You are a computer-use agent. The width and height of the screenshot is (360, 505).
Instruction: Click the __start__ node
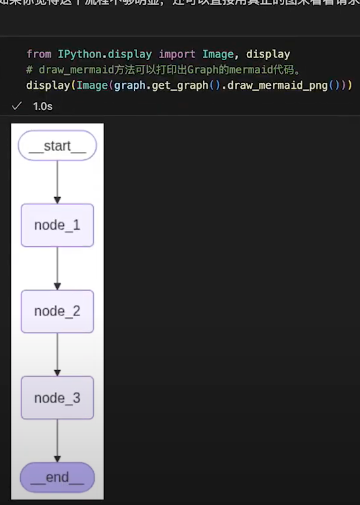57,146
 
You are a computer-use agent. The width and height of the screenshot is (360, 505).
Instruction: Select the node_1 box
57,226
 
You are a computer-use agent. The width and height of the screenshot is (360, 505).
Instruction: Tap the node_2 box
57,311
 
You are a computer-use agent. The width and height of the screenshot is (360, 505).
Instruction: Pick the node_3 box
57,398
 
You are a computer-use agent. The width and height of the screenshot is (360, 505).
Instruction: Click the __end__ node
57,477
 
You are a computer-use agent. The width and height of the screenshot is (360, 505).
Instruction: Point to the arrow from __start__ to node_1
57,183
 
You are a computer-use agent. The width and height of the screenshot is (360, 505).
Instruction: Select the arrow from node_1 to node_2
57,268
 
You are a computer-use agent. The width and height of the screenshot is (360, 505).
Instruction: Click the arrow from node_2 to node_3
57,354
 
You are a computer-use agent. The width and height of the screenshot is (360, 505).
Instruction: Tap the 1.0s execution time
42,105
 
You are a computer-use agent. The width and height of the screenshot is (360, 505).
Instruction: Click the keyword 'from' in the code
40,52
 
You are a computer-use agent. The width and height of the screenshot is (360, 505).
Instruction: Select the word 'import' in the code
177,52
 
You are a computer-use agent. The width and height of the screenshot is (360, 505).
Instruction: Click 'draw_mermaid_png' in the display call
282,86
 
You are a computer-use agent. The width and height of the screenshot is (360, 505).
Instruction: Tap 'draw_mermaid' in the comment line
76,69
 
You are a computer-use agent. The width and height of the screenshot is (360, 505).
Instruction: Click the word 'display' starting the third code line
50,86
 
